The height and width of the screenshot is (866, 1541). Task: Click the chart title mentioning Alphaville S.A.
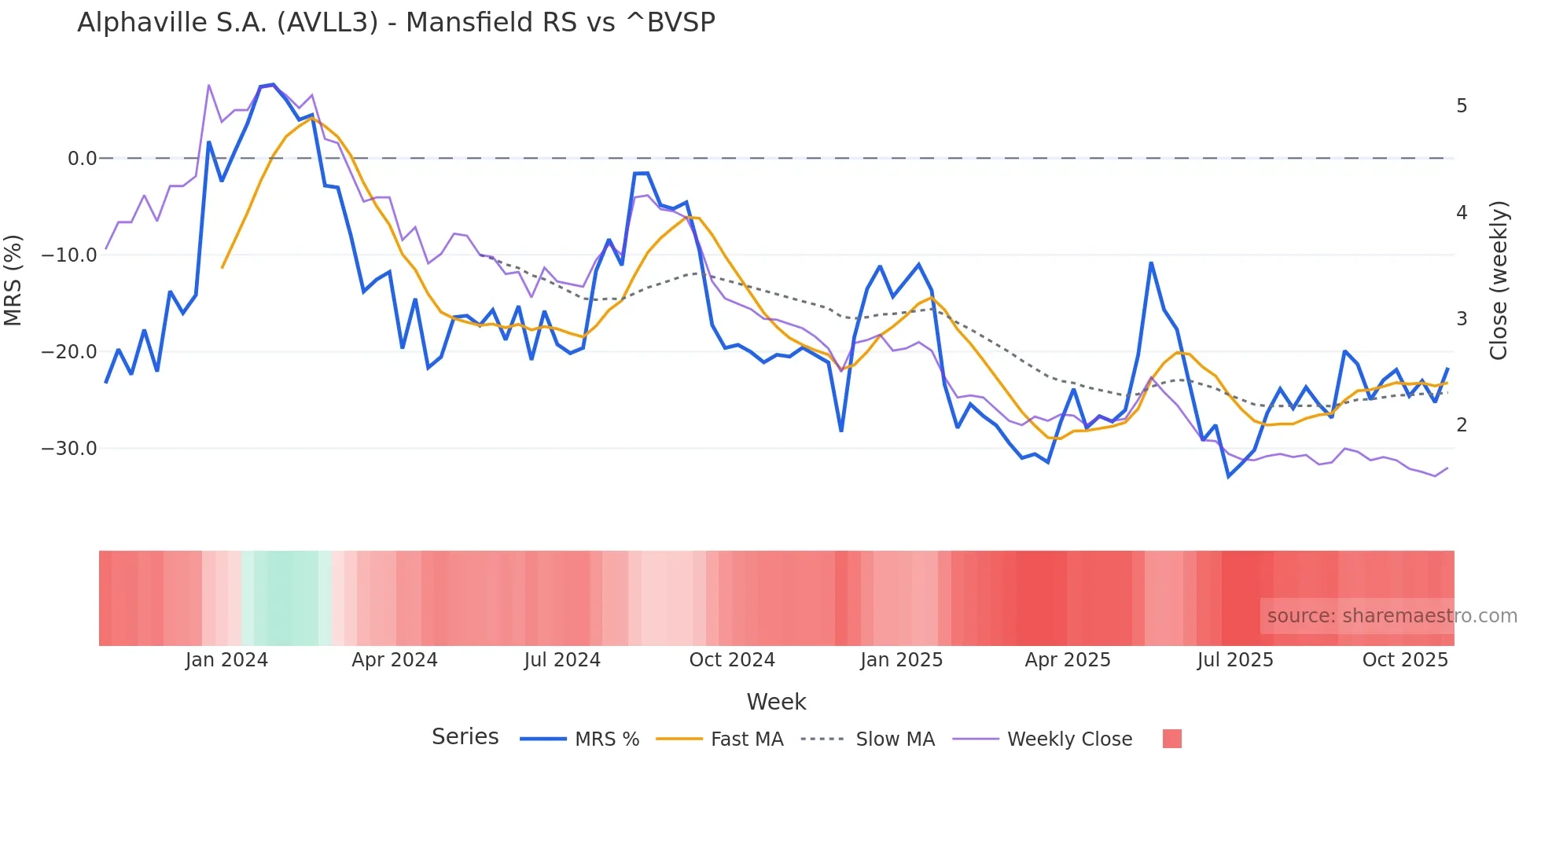[x=396, y=23]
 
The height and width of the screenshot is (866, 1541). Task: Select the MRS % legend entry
[x=606, y=739]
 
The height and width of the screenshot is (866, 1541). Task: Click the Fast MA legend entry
[x=746, y=739]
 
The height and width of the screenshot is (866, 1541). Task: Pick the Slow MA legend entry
[x=895, y=739]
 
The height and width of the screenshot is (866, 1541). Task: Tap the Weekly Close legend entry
[x=1069, y=739]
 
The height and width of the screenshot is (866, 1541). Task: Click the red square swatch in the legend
[x=1171, y=739]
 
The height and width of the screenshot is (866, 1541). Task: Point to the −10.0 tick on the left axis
[x=69, y=255]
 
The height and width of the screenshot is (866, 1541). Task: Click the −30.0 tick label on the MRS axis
[x=69, y=449]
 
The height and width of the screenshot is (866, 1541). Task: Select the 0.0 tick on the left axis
[x=82, y=159]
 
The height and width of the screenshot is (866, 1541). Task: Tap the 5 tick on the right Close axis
[x=1462, y=106]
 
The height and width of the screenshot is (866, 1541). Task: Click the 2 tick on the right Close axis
[x=1462, y=425]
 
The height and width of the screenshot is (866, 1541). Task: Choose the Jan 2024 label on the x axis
[x=226, y=660]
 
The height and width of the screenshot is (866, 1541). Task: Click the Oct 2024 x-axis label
[x=732, y=660]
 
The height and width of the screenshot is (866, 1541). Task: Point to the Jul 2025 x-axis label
[x=1235, y=660]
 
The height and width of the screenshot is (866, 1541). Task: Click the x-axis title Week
[x=776, y=702]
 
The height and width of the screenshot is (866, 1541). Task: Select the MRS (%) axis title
[x=13, y=281]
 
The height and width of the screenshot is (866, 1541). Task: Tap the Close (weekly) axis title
[x=1499, y=281]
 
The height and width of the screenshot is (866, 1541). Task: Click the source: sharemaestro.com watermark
[x=1392, y=616]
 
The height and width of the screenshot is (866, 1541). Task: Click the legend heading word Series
[x=465, y=737]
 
